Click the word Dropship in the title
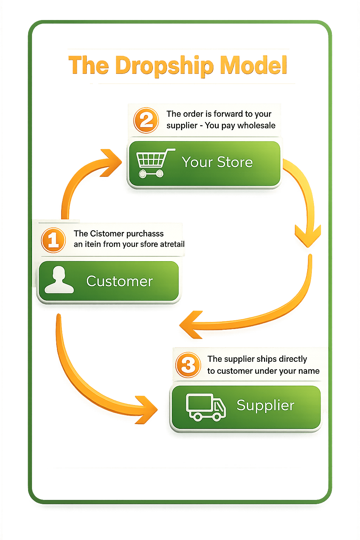point(164,66)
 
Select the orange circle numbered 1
point(53,240)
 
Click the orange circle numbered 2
point(146,120)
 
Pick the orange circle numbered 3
point(188,365)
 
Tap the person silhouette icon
point(59,280)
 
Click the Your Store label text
point(217,162)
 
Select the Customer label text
point(120,281)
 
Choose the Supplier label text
point(265,405)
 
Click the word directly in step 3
point(293,359)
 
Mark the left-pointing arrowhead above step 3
point(190,325)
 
